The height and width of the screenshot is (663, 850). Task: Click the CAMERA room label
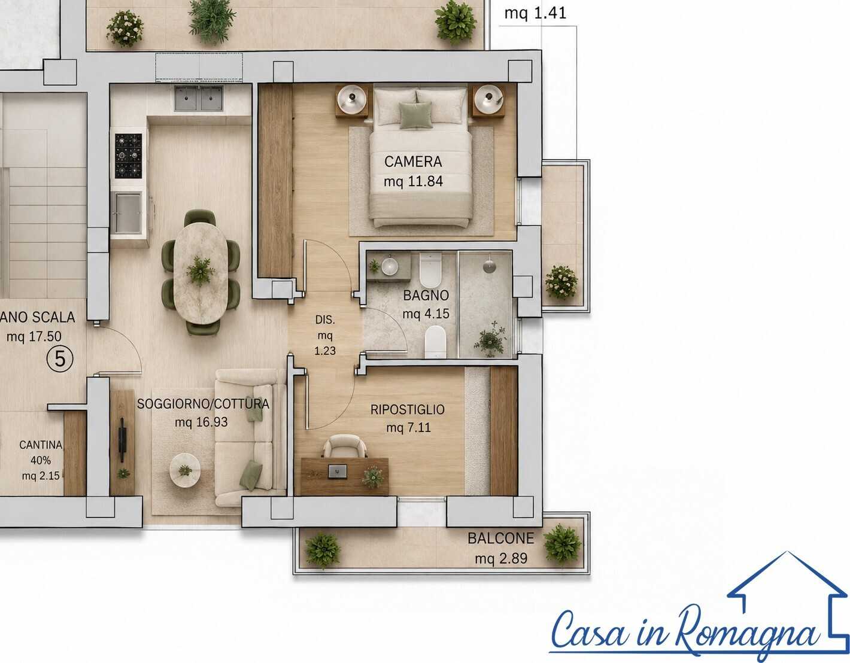[x=412, y=162]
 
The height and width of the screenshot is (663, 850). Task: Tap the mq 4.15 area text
[x=426, y=314]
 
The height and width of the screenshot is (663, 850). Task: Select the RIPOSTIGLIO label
[x=407, y=409]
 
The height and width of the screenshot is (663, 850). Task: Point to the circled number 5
[x=60, y=358]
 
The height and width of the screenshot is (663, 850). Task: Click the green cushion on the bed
[x=416, y=115]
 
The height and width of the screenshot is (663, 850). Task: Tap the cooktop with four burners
[x=128, y=156]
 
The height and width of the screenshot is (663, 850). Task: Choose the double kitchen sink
[x=199, y=98]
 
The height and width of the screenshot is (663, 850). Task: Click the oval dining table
[x=201, y=273]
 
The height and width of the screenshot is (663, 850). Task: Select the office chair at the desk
[x=345, y=446]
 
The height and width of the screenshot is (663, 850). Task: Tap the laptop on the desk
[x=338, y=471]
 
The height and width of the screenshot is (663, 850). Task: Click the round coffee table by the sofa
[x=184, y=470]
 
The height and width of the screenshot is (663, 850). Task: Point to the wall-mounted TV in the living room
[x=123, y=440]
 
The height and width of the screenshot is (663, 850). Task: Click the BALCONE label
[x=500, y=539]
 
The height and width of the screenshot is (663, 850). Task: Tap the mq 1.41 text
[x=535, y=13]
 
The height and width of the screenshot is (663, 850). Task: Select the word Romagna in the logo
[x=747, y=632]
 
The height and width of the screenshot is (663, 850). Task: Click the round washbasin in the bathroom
[x=389, y=266]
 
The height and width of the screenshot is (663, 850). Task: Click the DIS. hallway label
[x=325, y=320]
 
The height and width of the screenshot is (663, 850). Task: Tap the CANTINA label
[x=41, y=445]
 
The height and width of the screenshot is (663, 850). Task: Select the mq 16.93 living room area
[x=201, y=422]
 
